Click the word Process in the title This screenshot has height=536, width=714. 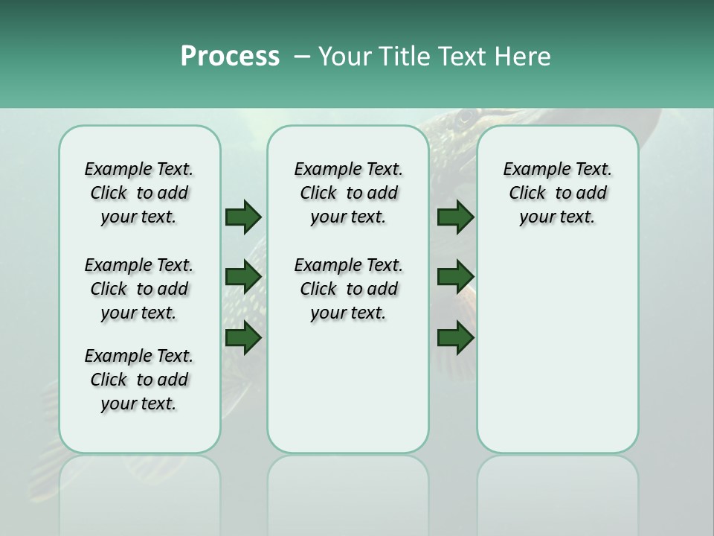tap(230, 57)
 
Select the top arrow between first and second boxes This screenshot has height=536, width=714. tap(243, 217)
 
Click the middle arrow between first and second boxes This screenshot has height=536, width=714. tap(243, 277)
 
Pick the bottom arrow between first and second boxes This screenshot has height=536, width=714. tap(243, 338)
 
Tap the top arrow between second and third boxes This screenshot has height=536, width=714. tap(455, 217)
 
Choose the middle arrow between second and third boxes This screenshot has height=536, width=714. tap(455, 277)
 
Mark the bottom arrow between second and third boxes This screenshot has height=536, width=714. tap(455, 338)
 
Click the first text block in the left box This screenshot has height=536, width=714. tap(139, 193)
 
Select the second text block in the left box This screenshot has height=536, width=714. tap(139, 289)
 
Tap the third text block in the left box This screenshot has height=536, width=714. tap(139, 380)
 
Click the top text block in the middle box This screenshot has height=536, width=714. tap(348, 193)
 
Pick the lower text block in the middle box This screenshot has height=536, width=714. tap(348, 289)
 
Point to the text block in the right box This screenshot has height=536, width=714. tap(557, 193)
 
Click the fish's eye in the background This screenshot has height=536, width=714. tap(466, 117)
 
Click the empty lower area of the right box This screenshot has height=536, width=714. tap(557, 357)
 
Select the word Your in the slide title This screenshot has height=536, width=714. tap(338, 57)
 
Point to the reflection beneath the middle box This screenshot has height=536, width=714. tap(348, 491)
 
